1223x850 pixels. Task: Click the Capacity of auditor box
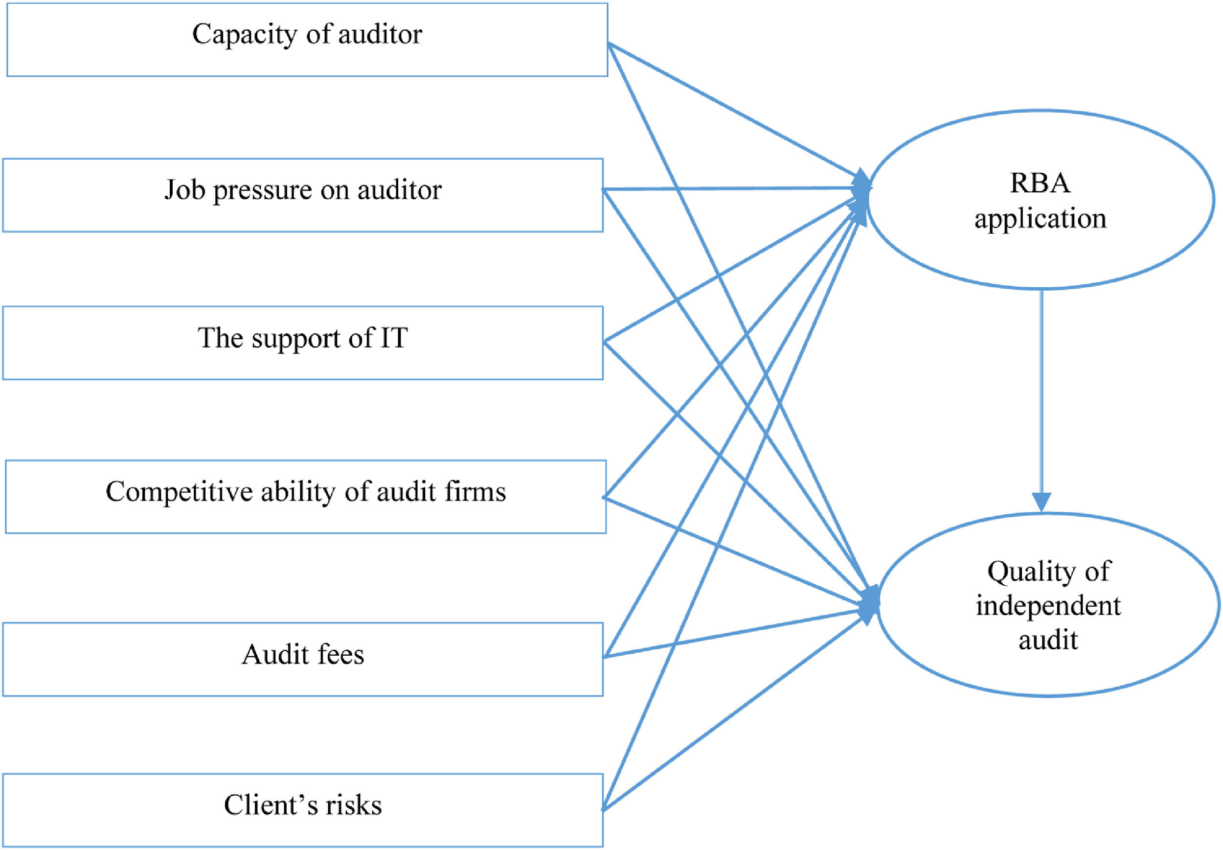tap(307, 41)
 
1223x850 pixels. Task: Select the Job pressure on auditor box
tap(302, 195)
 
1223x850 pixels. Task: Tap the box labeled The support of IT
tap(302, 343)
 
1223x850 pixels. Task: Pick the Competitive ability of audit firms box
tap(306, 496)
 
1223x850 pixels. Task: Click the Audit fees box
tap(302, 659)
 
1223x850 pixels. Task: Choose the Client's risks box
tap(302, 810)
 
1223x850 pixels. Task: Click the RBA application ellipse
tap(1041, 200)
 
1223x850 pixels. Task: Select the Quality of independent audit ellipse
tap(1048, 605)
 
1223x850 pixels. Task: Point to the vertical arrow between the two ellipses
tap(1042, 394)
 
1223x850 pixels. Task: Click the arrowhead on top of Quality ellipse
tap(1042, 502)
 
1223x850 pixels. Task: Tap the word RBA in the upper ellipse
tap(1040, 183)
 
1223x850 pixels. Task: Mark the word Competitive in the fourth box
tap(179, 492)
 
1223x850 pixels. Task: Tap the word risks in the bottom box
tap(354, 805)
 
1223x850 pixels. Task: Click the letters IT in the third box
tap(393, 338)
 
